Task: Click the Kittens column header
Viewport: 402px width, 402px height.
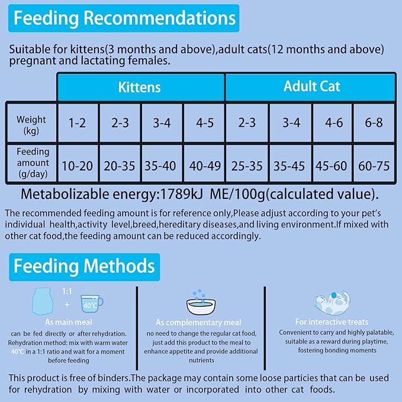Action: tap(140, 87)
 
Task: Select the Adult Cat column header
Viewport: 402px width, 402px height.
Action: tap(311, 86)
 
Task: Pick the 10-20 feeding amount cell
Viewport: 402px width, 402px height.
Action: tap(77, 165)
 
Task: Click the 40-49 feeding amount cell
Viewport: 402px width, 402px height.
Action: tap(204, 165)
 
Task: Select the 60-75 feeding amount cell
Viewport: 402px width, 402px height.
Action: tap(374, 165)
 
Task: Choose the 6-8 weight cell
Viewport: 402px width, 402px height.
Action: tap(374, 124)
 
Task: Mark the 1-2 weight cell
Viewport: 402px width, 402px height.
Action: tap(77, 124)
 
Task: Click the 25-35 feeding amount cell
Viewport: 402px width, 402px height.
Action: tap(247, 165)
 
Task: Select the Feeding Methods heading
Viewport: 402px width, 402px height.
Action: tap(84, 266)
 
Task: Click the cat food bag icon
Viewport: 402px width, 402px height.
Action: tap(43, 303)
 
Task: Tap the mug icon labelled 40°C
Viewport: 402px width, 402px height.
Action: tap(91, 303)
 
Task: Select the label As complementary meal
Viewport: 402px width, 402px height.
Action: tap(198, 323)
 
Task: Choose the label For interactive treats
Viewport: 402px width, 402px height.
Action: tap(332, 322)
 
